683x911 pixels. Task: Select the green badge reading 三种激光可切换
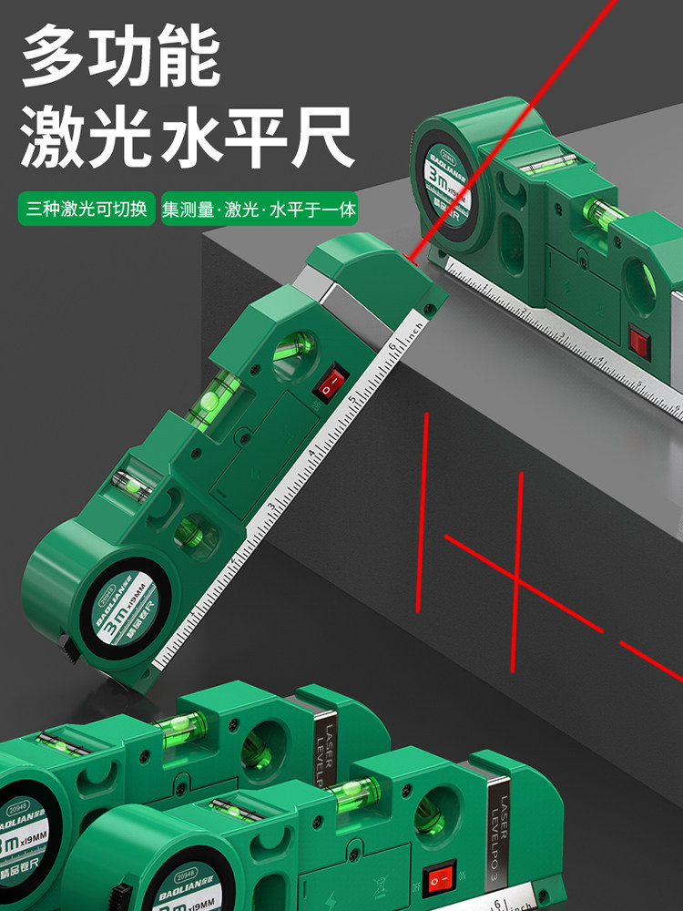(x=87, y=209)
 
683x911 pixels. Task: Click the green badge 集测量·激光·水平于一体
(x=260, y=209)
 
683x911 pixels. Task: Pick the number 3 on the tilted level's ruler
(x=270, y=507)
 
